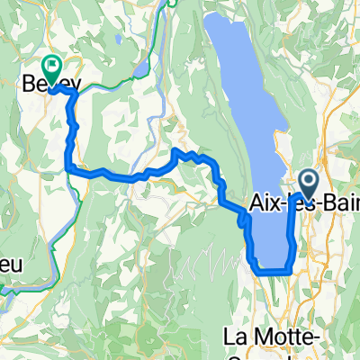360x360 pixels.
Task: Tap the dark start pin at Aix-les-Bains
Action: pos(307,183)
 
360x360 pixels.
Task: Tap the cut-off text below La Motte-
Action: pos(270,355)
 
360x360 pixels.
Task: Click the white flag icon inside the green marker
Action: pos(51,64)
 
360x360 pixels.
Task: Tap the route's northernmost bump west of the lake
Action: pos(175,152)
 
